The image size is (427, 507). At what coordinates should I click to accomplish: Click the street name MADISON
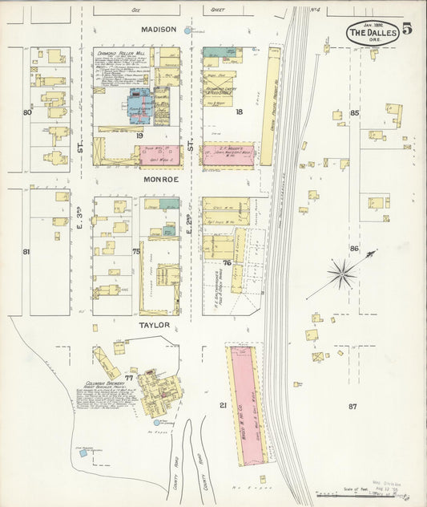point(158,29)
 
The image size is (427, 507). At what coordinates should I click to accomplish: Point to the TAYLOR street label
point(155,325)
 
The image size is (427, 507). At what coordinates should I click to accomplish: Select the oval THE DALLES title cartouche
point(373,33)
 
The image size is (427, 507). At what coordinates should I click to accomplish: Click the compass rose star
point(342,275)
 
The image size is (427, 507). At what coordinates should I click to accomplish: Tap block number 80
point(27,112)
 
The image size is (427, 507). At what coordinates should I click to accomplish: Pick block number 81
point(26,252)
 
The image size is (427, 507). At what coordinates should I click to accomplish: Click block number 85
point(354,113)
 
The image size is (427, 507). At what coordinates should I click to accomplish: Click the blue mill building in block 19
point(140,106)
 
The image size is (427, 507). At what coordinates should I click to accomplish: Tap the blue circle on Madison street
point(188,30)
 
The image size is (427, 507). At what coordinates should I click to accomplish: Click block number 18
point(238,112)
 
